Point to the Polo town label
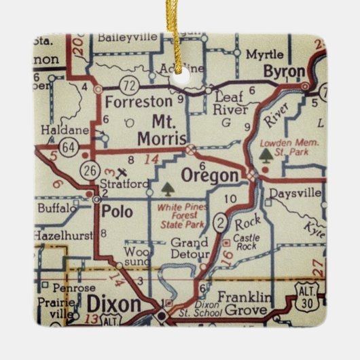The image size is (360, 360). tap(117, 211)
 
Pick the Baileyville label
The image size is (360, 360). tap(127, 38)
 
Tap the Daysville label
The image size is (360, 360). tap(294, 194)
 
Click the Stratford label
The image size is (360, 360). tap(123, 183)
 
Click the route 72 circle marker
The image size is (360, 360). tap(129, 85)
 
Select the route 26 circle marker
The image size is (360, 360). tap(90, 167)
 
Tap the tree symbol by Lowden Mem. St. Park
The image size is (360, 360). tap(265, 156)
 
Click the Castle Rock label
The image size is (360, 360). tap(247, 242)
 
